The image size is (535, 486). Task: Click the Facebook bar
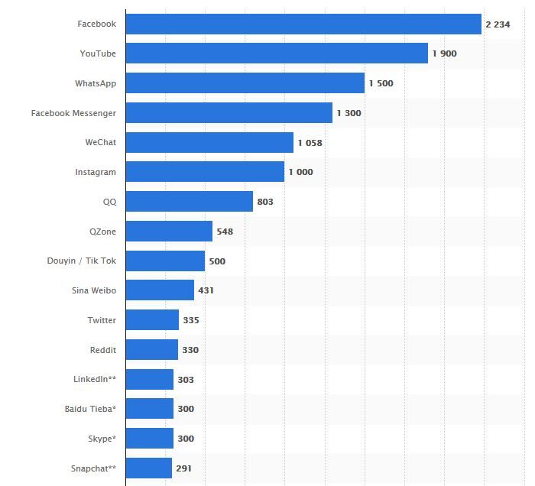[303, 24]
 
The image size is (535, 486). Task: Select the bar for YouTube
[277, 53]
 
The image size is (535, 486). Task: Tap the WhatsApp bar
[245, 83]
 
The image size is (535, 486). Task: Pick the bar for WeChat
[209, 143]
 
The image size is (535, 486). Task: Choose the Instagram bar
[205, 172]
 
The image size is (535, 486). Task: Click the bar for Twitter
[152, 320]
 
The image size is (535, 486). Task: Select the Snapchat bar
[149, 468]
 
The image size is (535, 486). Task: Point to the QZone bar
[169, 232]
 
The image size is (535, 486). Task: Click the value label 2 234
[498, 24]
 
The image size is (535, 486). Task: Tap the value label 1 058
[310, 143]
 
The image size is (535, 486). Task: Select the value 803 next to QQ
[265, 202]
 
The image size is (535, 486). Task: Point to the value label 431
[206, 290]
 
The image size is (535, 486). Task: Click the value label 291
[183, 468]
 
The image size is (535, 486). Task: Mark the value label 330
[190, 350]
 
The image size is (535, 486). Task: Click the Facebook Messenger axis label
[73, 113]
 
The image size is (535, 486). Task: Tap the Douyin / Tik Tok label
[81, 261]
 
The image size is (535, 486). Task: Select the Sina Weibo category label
[93, 290]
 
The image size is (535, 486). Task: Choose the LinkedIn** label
[95, 379]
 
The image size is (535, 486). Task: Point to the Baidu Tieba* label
[90, 409]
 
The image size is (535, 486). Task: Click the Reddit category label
[102, 350]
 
